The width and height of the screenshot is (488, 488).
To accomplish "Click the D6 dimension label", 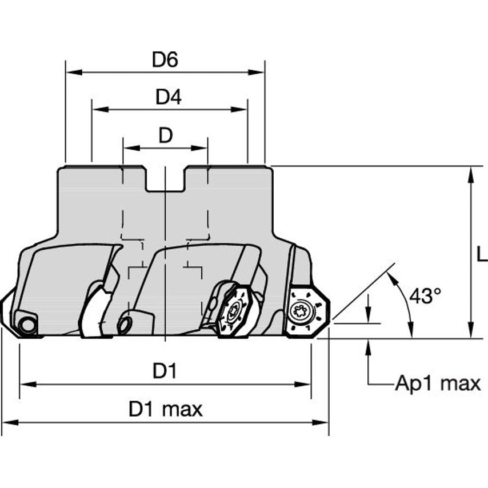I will click(165, 60).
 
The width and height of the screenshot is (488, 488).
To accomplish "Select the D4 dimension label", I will click(169, 98).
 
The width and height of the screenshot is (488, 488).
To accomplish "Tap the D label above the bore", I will click(165, 136).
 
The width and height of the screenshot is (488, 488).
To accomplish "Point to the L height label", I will click(481, 254).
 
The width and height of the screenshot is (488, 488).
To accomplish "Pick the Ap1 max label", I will click(438, 383).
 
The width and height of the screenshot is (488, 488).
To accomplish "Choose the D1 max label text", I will click(166, 409).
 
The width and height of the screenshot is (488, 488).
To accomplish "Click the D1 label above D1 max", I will click(165, 371).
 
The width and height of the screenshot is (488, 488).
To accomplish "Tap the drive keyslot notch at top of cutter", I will click(165, 179).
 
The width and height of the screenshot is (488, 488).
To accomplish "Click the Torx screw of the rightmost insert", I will click(299, 311).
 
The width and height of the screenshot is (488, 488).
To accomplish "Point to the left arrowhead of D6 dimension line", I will click(71, 73).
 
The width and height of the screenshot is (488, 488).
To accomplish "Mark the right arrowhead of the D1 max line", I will click(323, 423).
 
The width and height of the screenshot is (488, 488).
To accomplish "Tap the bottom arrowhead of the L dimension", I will click(470, 333).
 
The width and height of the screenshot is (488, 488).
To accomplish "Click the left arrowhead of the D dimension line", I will click(128, 148).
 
